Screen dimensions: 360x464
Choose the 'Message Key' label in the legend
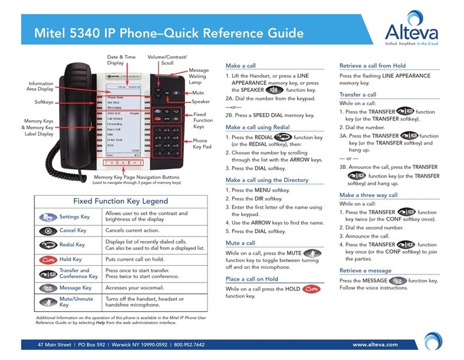coord(75,288)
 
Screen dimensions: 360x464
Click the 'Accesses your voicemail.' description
coord(141,288)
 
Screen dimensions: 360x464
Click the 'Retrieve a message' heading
coord(365,270)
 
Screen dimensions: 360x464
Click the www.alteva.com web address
coord(376,345)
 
